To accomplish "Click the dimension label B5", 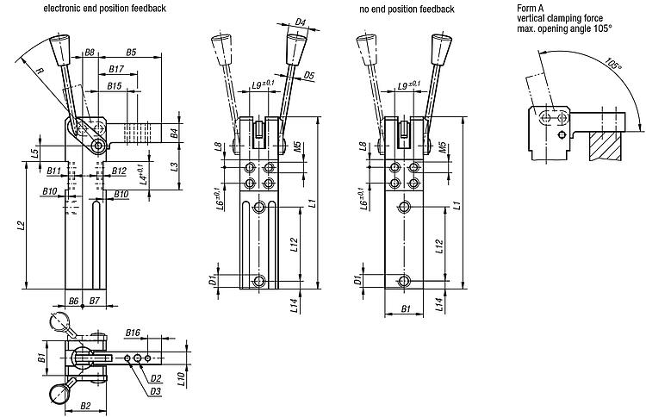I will [131, 53].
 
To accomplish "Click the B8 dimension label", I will [90, 53].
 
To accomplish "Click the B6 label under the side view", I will [73, 300].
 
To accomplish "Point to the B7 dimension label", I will [94, 300].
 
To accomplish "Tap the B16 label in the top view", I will [133, 332].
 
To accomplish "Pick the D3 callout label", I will [155, 391].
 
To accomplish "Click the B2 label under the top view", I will [85, 404].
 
